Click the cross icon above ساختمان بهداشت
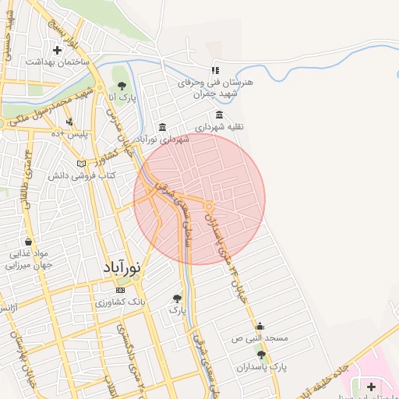tap(57, 51)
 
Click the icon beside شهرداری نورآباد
tap(162, 127)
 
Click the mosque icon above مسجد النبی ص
tap(259, 327)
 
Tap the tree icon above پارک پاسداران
tap(261, 355)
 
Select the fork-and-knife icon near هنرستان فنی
tap(216, 70)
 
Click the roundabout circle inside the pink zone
tap(210, 206)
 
